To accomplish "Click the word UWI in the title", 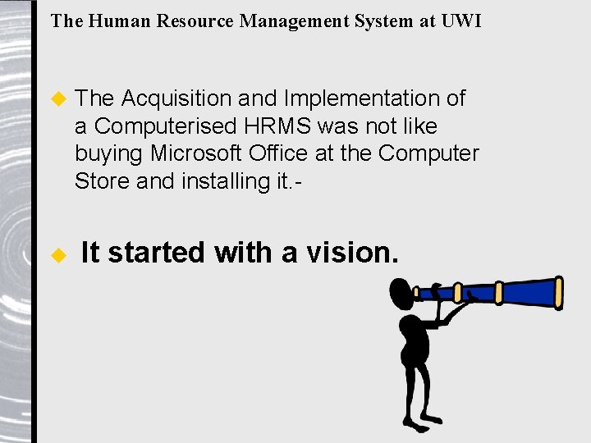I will tap(461, 21).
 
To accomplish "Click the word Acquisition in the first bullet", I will tap(176, 98).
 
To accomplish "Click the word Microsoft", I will tap(195, 153).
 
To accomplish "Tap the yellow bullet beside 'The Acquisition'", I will tap(57, 98).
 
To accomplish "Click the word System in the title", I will tap(383, 21).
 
